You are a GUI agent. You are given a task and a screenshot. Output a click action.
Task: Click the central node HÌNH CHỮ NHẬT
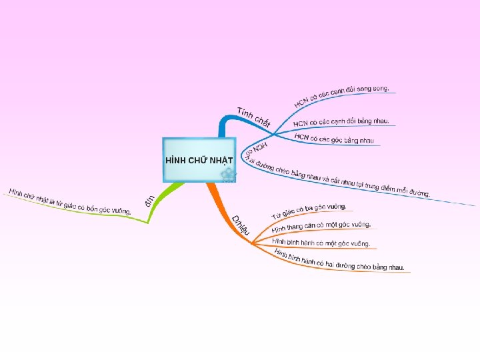pos(199,161)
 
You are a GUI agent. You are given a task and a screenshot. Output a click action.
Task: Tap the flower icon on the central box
pos(228,175)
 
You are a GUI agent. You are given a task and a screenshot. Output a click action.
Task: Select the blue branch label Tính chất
pos(253,117)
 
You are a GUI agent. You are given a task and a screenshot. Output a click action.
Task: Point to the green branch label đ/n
pos(151,199)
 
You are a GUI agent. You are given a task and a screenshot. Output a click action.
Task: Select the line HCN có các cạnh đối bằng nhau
pos(341,123)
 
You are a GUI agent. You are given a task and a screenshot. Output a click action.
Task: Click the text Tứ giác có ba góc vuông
pos(308,211)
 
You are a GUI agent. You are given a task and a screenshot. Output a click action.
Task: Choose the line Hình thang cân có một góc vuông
pos(321,227)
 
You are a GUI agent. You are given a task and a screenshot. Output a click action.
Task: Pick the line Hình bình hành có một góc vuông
pos(321,243)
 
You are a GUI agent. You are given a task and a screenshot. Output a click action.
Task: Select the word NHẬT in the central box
pos(220,161)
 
